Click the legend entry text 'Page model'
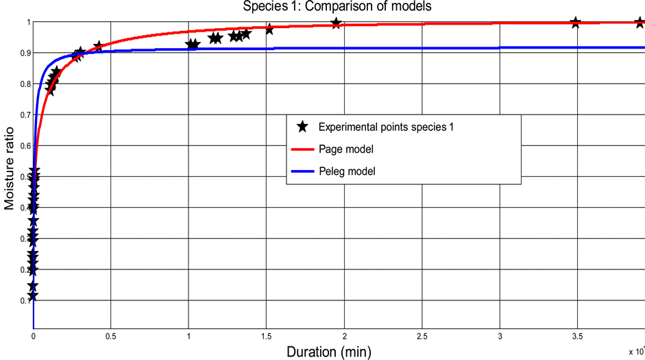click(346, 149)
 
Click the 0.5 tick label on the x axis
click(110, 337)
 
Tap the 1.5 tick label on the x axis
click(266, 337)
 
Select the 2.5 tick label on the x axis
click(422, 337)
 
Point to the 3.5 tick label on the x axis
click(577, 337)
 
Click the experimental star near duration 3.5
click(576, 23)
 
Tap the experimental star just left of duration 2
click(336, 23)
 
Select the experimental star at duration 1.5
click(269, 29)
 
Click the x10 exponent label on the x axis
click(637, 350)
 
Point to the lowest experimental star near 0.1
click(32, 296)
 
